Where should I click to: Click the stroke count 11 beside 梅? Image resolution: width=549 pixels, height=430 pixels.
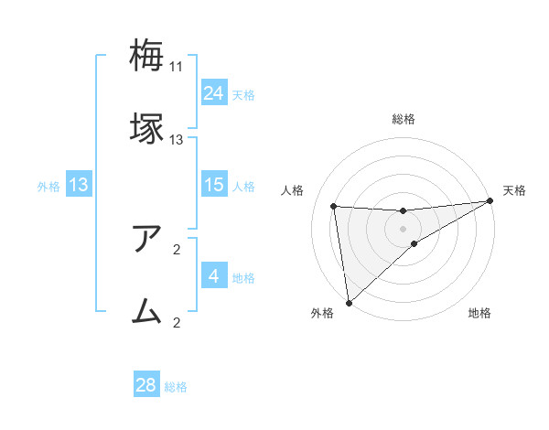(177, 67)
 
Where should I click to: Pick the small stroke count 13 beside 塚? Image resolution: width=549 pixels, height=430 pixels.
(177, 140)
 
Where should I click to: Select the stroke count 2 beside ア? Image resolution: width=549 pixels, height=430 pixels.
(177, 249)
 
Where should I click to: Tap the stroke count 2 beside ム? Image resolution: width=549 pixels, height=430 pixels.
(177, 322)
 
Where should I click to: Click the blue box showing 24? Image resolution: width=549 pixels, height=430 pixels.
(214, 93)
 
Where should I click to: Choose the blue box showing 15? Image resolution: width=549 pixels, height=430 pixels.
(214, 185)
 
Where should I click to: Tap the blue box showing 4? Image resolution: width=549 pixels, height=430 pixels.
(214, 276)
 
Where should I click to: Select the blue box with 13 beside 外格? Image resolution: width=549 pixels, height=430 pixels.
(79, 185)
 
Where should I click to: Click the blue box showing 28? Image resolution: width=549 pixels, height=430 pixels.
(146, 385)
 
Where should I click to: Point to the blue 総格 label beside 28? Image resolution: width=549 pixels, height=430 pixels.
(176, 387)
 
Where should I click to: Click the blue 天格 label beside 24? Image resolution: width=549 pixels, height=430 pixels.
(243, 95)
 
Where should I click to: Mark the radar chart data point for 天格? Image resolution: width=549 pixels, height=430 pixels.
(490, 202)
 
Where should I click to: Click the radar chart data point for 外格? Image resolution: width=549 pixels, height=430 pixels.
(349, 302)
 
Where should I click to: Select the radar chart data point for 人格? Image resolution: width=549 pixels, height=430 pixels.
(334, 207)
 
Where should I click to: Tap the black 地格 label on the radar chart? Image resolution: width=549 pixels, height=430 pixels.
(479, 314)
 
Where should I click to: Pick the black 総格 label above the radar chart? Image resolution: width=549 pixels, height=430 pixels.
(404, 120)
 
